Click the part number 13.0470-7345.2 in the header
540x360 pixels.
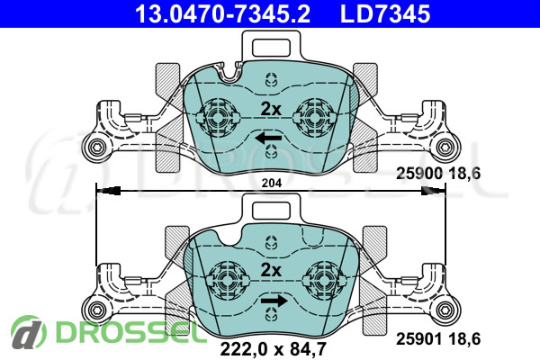point(222,13)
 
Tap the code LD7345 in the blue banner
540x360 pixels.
point(385,13)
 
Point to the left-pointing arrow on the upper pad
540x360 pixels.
point(268,139)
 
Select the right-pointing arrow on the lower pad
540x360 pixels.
point(274,301)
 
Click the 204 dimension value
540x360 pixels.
point(272,183)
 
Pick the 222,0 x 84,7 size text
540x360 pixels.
point(273,349)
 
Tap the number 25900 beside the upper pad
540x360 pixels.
point(419,174)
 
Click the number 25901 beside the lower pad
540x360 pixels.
point(419,339)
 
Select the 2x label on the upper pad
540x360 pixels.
point(271,109)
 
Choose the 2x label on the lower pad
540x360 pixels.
point(271,270)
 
